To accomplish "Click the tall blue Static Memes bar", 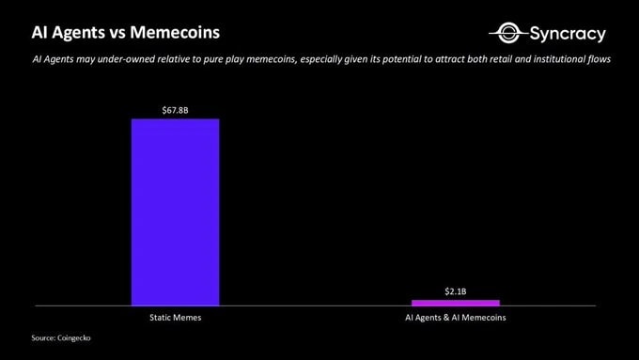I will [175, 211].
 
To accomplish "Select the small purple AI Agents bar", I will [456, 303].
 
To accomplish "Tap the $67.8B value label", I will [175, 110].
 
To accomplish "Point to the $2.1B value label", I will [456, 291].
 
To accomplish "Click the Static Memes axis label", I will [175, 319].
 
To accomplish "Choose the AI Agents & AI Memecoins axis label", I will [456, 319].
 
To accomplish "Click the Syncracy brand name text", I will [568, 35].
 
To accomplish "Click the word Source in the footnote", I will [42, 337].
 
